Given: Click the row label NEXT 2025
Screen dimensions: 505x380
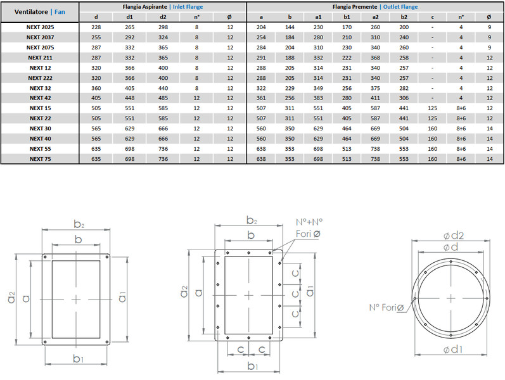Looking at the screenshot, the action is [41, 27].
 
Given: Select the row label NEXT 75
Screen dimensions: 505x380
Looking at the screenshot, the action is [41, 159].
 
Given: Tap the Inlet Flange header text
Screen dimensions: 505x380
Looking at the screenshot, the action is [188, 7].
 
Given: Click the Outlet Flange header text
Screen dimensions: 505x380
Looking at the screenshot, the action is [400, 7].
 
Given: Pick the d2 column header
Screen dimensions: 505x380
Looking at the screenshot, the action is [163, 17].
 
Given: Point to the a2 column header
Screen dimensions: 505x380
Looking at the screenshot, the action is [375, 17].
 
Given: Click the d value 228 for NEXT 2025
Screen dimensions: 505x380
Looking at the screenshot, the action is [96, 27].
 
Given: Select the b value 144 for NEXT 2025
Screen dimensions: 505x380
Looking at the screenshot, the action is [290, 27].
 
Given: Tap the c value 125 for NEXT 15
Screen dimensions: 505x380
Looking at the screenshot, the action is [432, 108].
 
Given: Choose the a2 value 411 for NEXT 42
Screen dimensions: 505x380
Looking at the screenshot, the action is [375, 98].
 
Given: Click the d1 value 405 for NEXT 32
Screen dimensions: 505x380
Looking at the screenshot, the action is [129, 88].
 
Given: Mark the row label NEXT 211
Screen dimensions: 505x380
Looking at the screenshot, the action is [41, 58].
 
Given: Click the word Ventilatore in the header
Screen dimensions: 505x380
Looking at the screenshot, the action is [31, 12].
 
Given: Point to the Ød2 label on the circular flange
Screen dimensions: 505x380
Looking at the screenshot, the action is [454, 236].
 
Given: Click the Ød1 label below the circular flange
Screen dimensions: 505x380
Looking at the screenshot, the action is [453, 350].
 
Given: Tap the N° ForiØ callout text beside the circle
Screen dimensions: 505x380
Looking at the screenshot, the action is [387, 308].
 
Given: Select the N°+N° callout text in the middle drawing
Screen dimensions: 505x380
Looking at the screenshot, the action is [309, 222].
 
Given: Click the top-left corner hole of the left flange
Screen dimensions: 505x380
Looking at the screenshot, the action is [45, 257].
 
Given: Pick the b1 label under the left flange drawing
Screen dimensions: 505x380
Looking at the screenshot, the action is [77, 358].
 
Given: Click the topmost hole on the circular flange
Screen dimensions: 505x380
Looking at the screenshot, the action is [451, 262].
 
